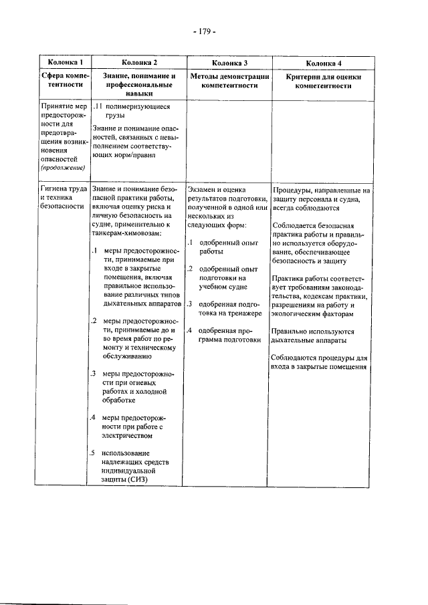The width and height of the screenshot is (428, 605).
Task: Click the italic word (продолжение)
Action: click(63, 168)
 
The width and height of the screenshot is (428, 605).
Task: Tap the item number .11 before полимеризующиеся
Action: click(97, 106)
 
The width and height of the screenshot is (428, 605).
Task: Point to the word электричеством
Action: click(128, 436)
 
